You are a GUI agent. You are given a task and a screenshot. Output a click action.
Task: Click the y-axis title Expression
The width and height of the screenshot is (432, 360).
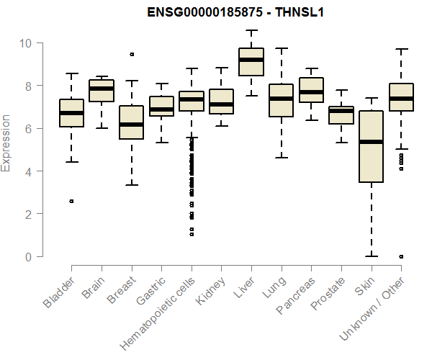(x=7, y=142)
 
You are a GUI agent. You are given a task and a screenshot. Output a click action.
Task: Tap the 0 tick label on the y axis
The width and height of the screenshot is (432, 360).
(x=28, y=256)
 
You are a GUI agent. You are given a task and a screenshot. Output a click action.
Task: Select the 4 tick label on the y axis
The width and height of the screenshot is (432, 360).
(x=28, y=171)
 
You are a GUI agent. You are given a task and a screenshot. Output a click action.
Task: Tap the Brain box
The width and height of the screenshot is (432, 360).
(x=102, y=91)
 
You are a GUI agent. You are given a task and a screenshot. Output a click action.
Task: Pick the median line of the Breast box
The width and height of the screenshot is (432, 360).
(x=131, y=125)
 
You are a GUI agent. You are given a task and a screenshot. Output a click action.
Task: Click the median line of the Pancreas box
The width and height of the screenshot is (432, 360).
(x=310, y=92)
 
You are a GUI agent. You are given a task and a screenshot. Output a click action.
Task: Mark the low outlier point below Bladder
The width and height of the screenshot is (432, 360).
(x=71, y=202)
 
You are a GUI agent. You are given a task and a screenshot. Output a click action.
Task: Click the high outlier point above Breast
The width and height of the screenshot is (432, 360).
(x=131, y=54)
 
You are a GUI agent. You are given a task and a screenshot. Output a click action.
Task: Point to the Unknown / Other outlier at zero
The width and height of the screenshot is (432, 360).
(x=400, y=256)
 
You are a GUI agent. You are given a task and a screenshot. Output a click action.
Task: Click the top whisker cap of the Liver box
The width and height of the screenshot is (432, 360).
(x=251, y=30)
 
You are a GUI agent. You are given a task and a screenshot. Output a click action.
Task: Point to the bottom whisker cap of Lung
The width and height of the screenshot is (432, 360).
(x=281, y=157)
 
